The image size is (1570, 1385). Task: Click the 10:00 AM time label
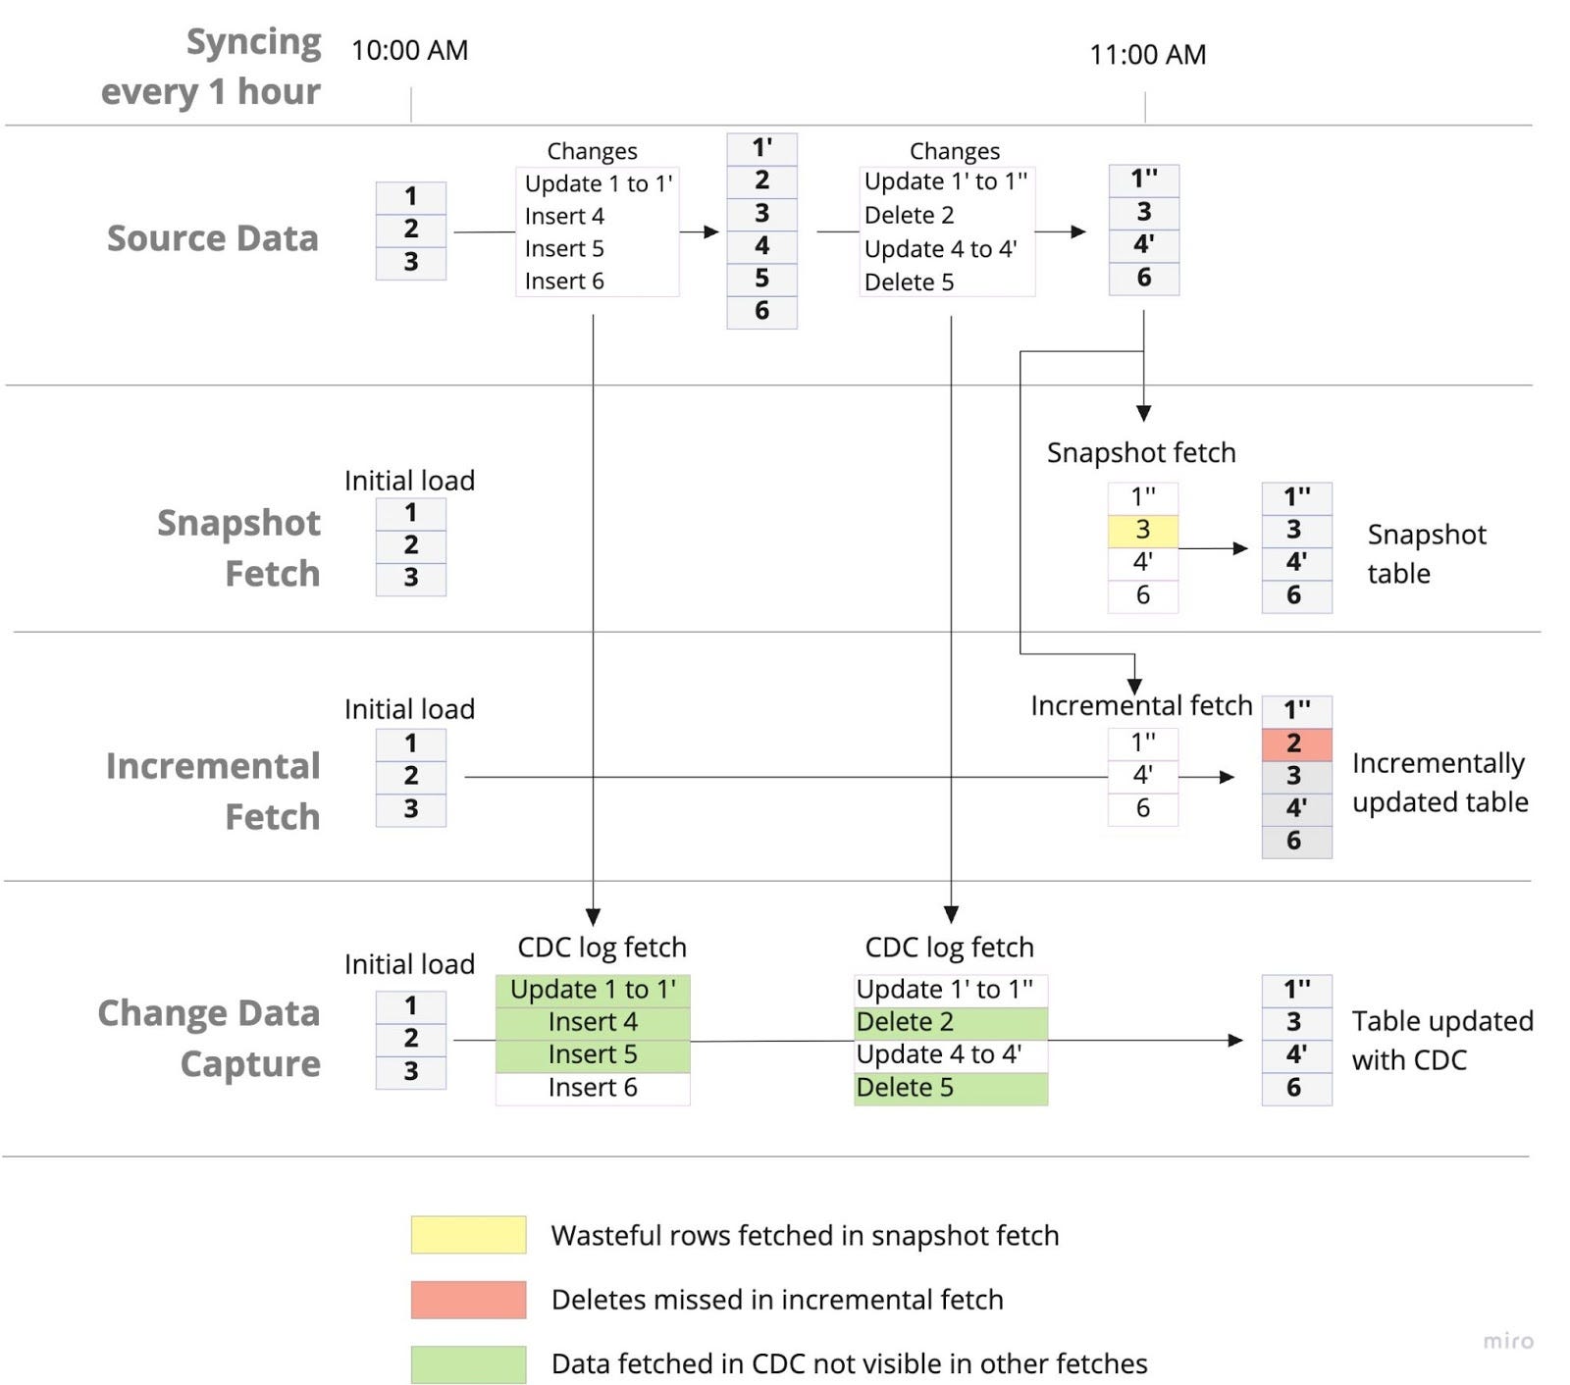[409, 50]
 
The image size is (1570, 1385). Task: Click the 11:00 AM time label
[1147, 54]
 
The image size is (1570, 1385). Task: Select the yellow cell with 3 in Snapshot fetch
[1143, 531]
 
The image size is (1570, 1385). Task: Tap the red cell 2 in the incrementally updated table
[1296, 744]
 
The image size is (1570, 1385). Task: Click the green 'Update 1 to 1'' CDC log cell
[593, 990]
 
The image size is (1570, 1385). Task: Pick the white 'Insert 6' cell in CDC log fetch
[593, 1088]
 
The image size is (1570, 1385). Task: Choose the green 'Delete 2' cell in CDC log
[951, 1022]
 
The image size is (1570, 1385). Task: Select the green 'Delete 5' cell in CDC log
[951, 1088]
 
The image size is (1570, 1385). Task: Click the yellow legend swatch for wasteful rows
[468, 1235]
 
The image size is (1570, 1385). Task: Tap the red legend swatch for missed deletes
[468, 1300]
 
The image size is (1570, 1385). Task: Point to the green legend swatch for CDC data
[468, 1364]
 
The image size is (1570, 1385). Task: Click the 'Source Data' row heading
[212, 238]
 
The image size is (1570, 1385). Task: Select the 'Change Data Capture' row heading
[209, 1038]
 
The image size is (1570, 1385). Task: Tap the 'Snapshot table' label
[1427, 554]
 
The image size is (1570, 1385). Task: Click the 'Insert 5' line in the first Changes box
[564, 249]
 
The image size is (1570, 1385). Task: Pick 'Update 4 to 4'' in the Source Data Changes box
[940, 249]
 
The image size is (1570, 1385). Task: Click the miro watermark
[1508, 1341]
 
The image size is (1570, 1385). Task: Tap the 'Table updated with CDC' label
[1442, 1041]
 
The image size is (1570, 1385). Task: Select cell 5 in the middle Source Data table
[761, 279]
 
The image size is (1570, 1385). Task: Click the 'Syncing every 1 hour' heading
[211, 66]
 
